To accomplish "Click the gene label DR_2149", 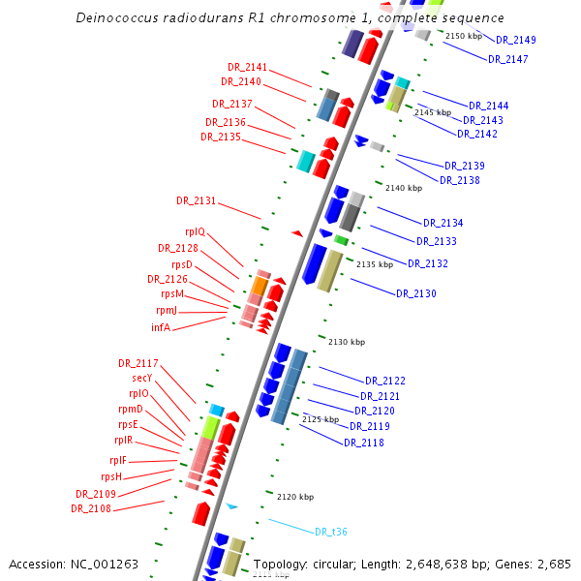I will (x=516, y=41).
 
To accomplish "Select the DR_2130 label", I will (x=416, y=293).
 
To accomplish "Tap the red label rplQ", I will (x=195, y=231).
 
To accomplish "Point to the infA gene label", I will (x=161, y=327).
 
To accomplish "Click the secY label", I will (x=142, y=378).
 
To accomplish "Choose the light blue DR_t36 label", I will (x=331, y=532).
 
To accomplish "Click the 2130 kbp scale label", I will (x=346, y=342).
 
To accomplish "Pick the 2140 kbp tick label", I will (x=403, y=188).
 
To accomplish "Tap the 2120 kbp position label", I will (x=294, y=497).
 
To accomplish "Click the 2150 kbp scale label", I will (x=463, y=36).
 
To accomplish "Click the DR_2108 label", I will (x=91, y=508).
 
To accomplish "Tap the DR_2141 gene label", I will (x=248, y=67).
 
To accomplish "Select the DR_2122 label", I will (x=385, y=381).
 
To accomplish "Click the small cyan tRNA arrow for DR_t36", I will (x=231, y=506).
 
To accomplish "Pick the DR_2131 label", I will (x=197, y=200).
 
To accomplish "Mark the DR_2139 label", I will (x=465, y=166).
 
